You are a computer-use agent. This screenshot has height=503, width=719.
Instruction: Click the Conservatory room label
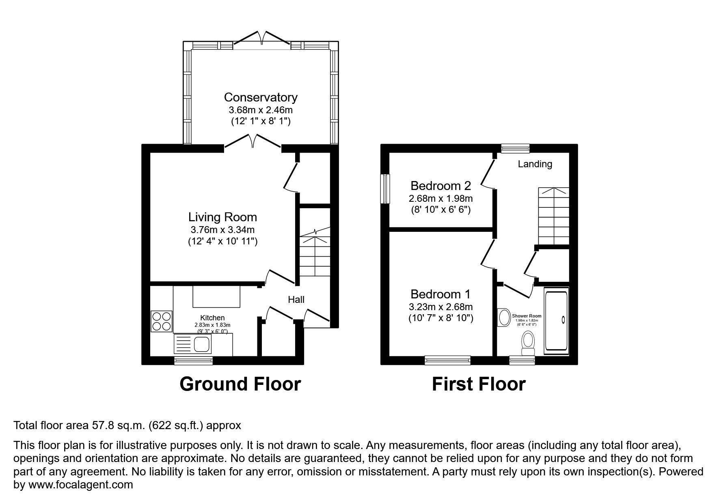point(260,97)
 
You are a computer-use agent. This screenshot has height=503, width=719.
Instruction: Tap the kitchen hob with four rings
point(161,321)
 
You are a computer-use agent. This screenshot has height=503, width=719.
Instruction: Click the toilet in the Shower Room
point(528,341)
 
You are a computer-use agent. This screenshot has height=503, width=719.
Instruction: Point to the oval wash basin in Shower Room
point(504,317)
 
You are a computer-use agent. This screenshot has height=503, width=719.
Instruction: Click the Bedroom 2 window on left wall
point(385,189)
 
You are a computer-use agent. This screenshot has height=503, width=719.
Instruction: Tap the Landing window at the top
point(515,149)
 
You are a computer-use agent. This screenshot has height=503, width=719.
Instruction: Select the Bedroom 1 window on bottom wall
point(447,360)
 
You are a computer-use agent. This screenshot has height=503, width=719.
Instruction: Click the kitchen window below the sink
point(193,360)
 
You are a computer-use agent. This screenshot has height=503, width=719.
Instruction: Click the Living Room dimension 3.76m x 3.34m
point(222,230)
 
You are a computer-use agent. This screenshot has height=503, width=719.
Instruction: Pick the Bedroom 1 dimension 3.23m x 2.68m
point(440,307)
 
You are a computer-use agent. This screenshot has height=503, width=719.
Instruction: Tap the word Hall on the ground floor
point(296,300)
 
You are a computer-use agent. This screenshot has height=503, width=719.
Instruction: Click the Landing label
point(535,164)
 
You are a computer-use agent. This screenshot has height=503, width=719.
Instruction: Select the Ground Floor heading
point(240,384)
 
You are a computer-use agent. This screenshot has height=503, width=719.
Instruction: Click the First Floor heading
point(479,384)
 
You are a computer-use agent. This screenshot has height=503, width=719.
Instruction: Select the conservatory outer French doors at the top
point(262,39)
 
